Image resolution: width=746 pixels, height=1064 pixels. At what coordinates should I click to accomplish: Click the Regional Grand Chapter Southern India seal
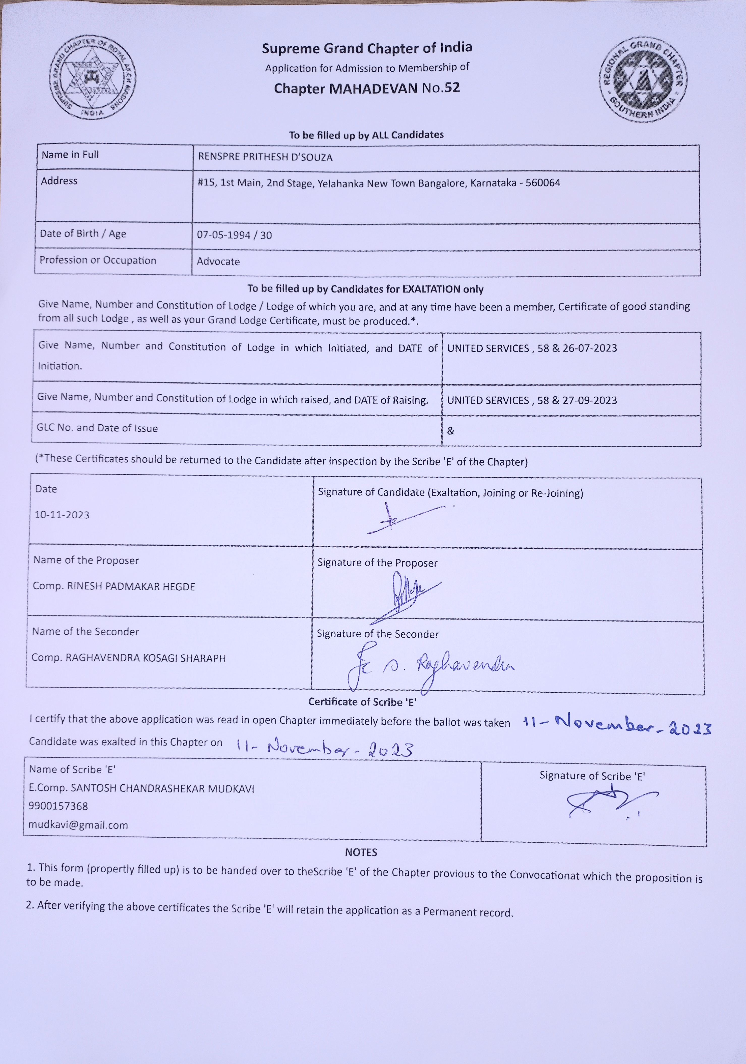pyautogui.click(x=644, y=80)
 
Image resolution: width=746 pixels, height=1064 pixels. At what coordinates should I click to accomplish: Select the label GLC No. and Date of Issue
pyautogui.click(x=97, y=428)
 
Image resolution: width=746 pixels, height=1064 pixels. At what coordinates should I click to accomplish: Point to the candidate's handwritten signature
pyautogui.click(x=403, y=519)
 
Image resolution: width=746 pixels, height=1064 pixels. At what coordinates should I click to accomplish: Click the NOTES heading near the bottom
pyautogui.click(x=361, y=852)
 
